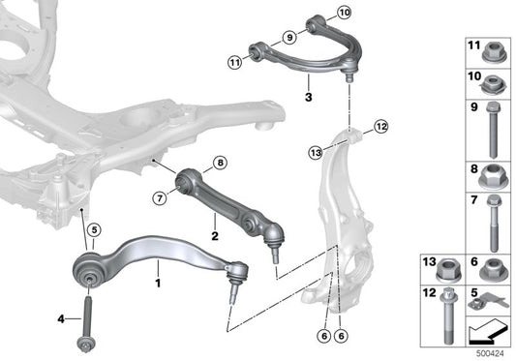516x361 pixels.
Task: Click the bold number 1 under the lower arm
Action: (158, 285)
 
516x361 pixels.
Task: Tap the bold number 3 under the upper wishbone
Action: (307, 97)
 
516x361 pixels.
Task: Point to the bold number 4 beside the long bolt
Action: (60, 319)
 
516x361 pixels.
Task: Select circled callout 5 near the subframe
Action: (94, 230)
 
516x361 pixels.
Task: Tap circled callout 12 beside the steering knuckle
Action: (379, 126)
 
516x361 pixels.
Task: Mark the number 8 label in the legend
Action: (474, 169)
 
